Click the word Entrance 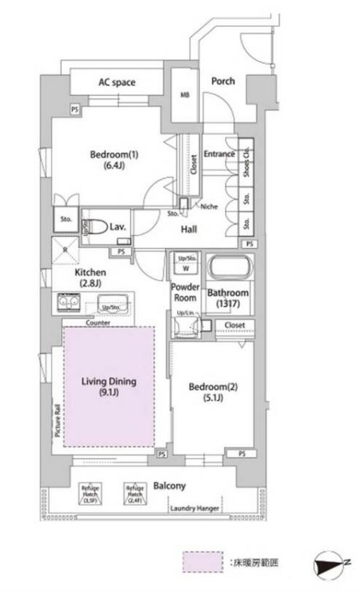(x=220, y=154)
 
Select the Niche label (x=209, y=207)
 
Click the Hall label (x=188, y=229)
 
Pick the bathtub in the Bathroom (x=227, y=270)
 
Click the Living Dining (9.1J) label (x=109, y=387)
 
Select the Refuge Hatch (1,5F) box (x=89, y=494)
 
